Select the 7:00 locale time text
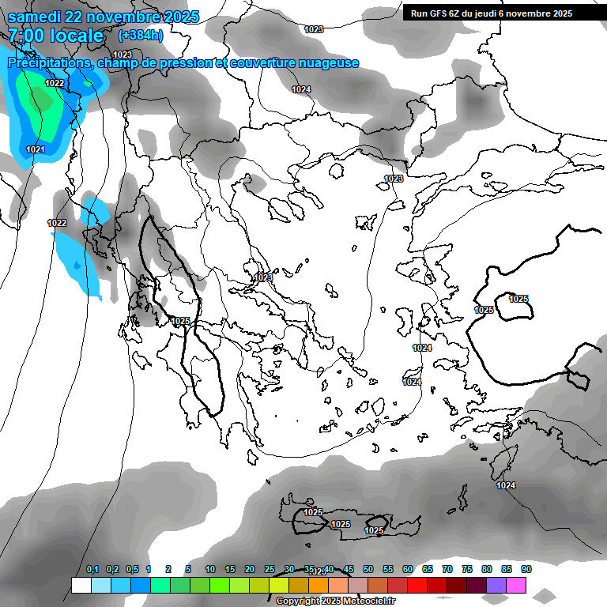point(56,36)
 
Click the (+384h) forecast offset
point(141,36)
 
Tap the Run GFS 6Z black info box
point(498,13)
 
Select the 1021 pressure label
point(35,149)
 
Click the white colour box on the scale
point(81,586)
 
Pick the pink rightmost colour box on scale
point(516,586)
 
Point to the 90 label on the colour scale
point(526,569)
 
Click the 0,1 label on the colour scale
point(92,569)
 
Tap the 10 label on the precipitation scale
point(210,569)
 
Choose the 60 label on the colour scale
point(408,569)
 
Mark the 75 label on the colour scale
point(467,569)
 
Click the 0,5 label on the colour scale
point(132,569)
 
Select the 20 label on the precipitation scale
point(250,569)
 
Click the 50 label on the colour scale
point(368,569)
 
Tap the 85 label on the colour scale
point(507,569)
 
